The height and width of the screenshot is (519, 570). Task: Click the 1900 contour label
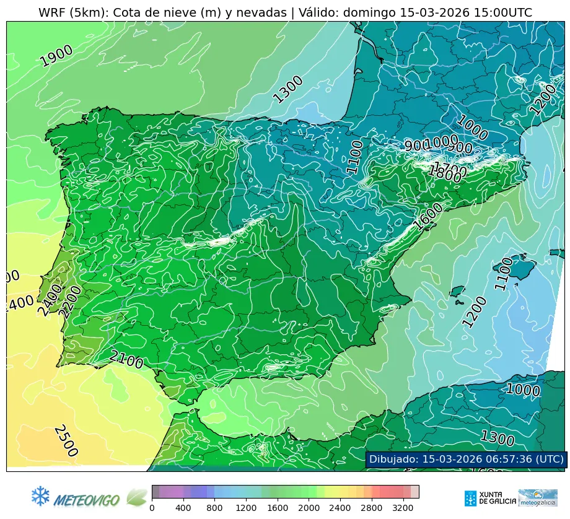[56, 56]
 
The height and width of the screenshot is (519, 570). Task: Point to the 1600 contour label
[429, 217]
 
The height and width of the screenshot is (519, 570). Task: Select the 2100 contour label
[126, 359]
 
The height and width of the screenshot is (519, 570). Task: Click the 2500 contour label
[65, 440]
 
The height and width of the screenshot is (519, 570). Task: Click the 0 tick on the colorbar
[152, 508]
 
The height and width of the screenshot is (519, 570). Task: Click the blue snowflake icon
[40, 495]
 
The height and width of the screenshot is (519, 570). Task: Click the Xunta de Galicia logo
[488, 498]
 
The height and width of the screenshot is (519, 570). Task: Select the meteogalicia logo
[538, 498]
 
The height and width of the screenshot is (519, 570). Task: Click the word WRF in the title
[51, 13]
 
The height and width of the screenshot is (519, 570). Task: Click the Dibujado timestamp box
[465, 459]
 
